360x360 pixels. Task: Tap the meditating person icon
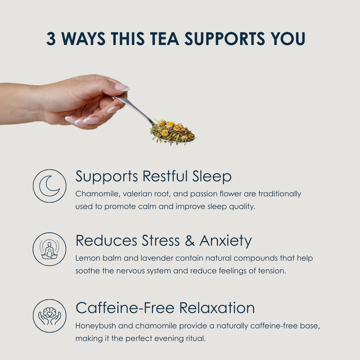49,250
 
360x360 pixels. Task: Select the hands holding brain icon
49,316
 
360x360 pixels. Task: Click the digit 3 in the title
51,38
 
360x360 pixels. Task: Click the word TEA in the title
164,38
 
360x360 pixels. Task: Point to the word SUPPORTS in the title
225,38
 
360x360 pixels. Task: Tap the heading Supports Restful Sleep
153,176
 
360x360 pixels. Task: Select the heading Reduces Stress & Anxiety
163,241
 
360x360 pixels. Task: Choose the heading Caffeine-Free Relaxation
165,307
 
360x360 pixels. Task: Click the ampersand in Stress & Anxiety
189,241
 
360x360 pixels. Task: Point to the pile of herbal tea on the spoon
172,132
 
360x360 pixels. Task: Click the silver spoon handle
134,109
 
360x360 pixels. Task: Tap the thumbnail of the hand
122,87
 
